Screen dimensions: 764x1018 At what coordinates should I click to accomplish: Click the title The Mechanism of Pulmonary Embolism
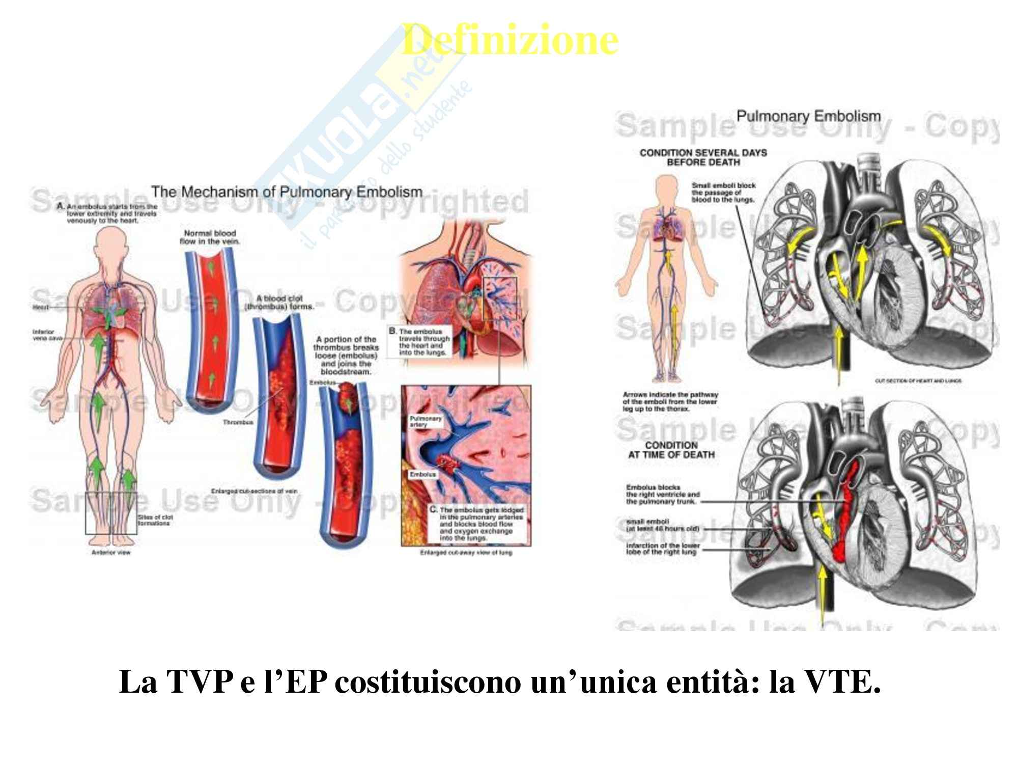pyautogui.click(x=287, y=192)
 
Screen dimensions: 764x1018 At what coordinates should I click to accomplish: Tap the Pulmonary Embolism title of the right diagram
pyautogui.click(x=808, y=116)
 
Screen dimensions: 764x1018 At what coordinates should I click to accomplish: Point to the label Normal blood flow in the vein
pyautogui.click(x=210, y=237)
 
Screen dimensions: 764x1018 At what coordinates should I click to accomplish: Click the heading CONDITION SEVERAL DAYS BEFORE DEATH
pyautogui.click(x=703, y=157)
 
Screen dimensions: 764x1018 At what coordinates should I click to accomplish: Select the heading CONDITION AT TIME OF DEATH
pyautogui.click(x=671, y=450)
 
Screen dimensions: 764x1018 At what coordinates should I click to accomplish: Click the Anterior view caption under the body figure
pyautogui.click(x=110, y=552)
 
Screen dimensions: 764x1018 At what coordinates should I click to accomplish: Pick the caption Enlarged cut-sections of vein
pyautogui.click(x=254, y=491)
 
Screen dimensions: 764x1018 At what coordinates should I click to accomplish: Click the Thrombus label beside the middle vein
pyautogui.click(x=237, y=422)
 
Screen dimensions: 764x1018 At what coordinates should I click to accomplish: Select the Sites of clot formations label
pyautogui.click(x=155, y=520)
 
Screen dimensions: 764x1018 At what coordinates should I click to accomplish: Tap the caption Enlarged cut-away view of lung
pyautogui.click(x=466, y=552)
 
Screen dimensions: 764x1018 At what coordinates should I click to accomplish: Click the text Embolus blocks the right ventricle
pyautogui.click(x=663, y=494)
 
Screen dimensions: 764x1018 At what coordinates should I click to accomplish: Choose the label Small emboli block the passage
pyautogui.click(x=723, y=193)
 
